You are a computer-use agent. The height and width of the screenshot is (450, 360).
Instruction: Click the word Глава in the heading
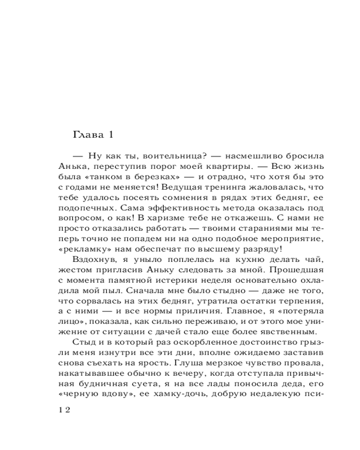(x=87, y=135)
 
